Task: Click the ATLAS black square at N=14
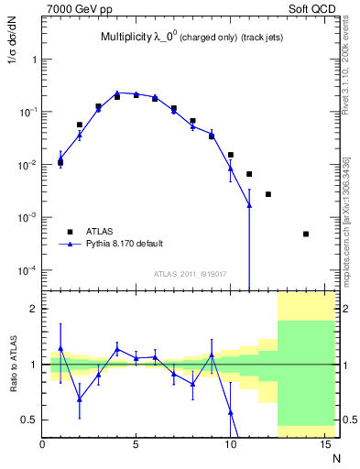(306, 234)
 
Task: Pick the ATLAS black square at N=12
(268, 194)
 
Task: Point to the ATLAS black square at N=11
(249, 174)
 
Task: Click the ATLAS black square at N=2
(80, 125)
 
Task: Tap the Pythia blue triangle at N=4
(117, 93)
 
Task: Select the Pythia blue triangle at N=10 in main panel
(231, 168)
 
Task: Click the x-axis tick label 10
(230, 445)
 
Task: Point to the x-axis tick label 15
(323, 445)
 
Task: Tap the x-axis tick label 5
(136, 445)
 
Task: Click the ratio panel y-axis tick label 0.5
(30, 420)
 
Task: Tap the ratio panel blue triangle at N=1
(60, 348)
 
